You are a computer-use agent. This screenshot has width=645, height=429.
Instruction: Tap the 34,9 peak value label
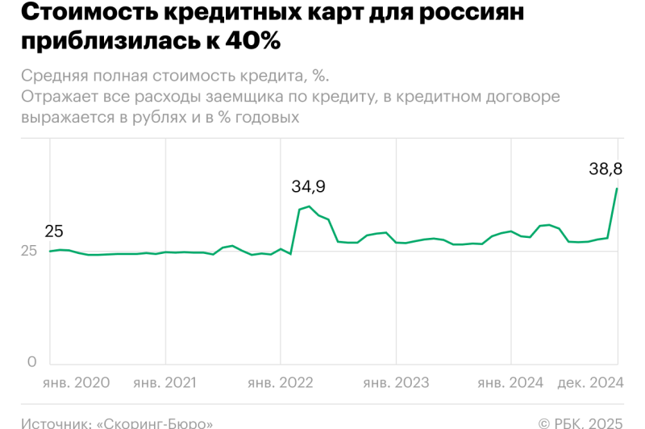click(x=308, y=186)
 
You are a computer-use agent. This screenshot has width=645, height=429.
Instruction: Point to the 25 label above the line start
click(x=54, y=231)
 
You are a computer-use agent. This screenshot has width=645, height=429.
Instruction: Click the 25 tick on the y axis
click(x=28, y=251)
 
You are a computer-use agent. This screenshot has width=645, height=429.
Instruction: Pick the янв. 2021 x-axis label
click(x=164, y=382)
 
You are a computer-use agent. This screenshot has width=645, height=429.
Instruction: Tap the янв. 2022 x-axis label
click(x=280, y=382)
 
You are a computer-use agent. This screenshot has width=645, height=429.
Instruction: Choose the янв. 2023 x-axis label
click(x=395, y=382)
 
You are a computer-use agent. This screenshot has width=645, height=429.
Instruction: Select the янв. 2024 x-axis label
click(x=510, y=382)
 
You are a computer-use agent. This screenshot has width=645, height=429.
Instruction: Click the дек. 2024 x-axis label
click(x=590, y=382)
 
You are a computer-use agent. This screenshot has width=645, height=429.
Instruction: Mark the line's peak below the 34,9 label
click(x=309, y=206)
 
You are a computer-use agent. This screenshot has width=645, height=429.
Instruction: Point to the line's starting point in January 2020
click(x=51, y=251)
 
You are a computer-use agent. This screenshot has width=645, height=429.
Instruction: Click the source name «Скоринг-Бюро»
click(x=155, y=422)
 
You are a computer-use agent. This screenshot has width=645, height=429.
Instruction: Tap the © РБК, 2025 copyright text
click(x=580, y=422)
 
